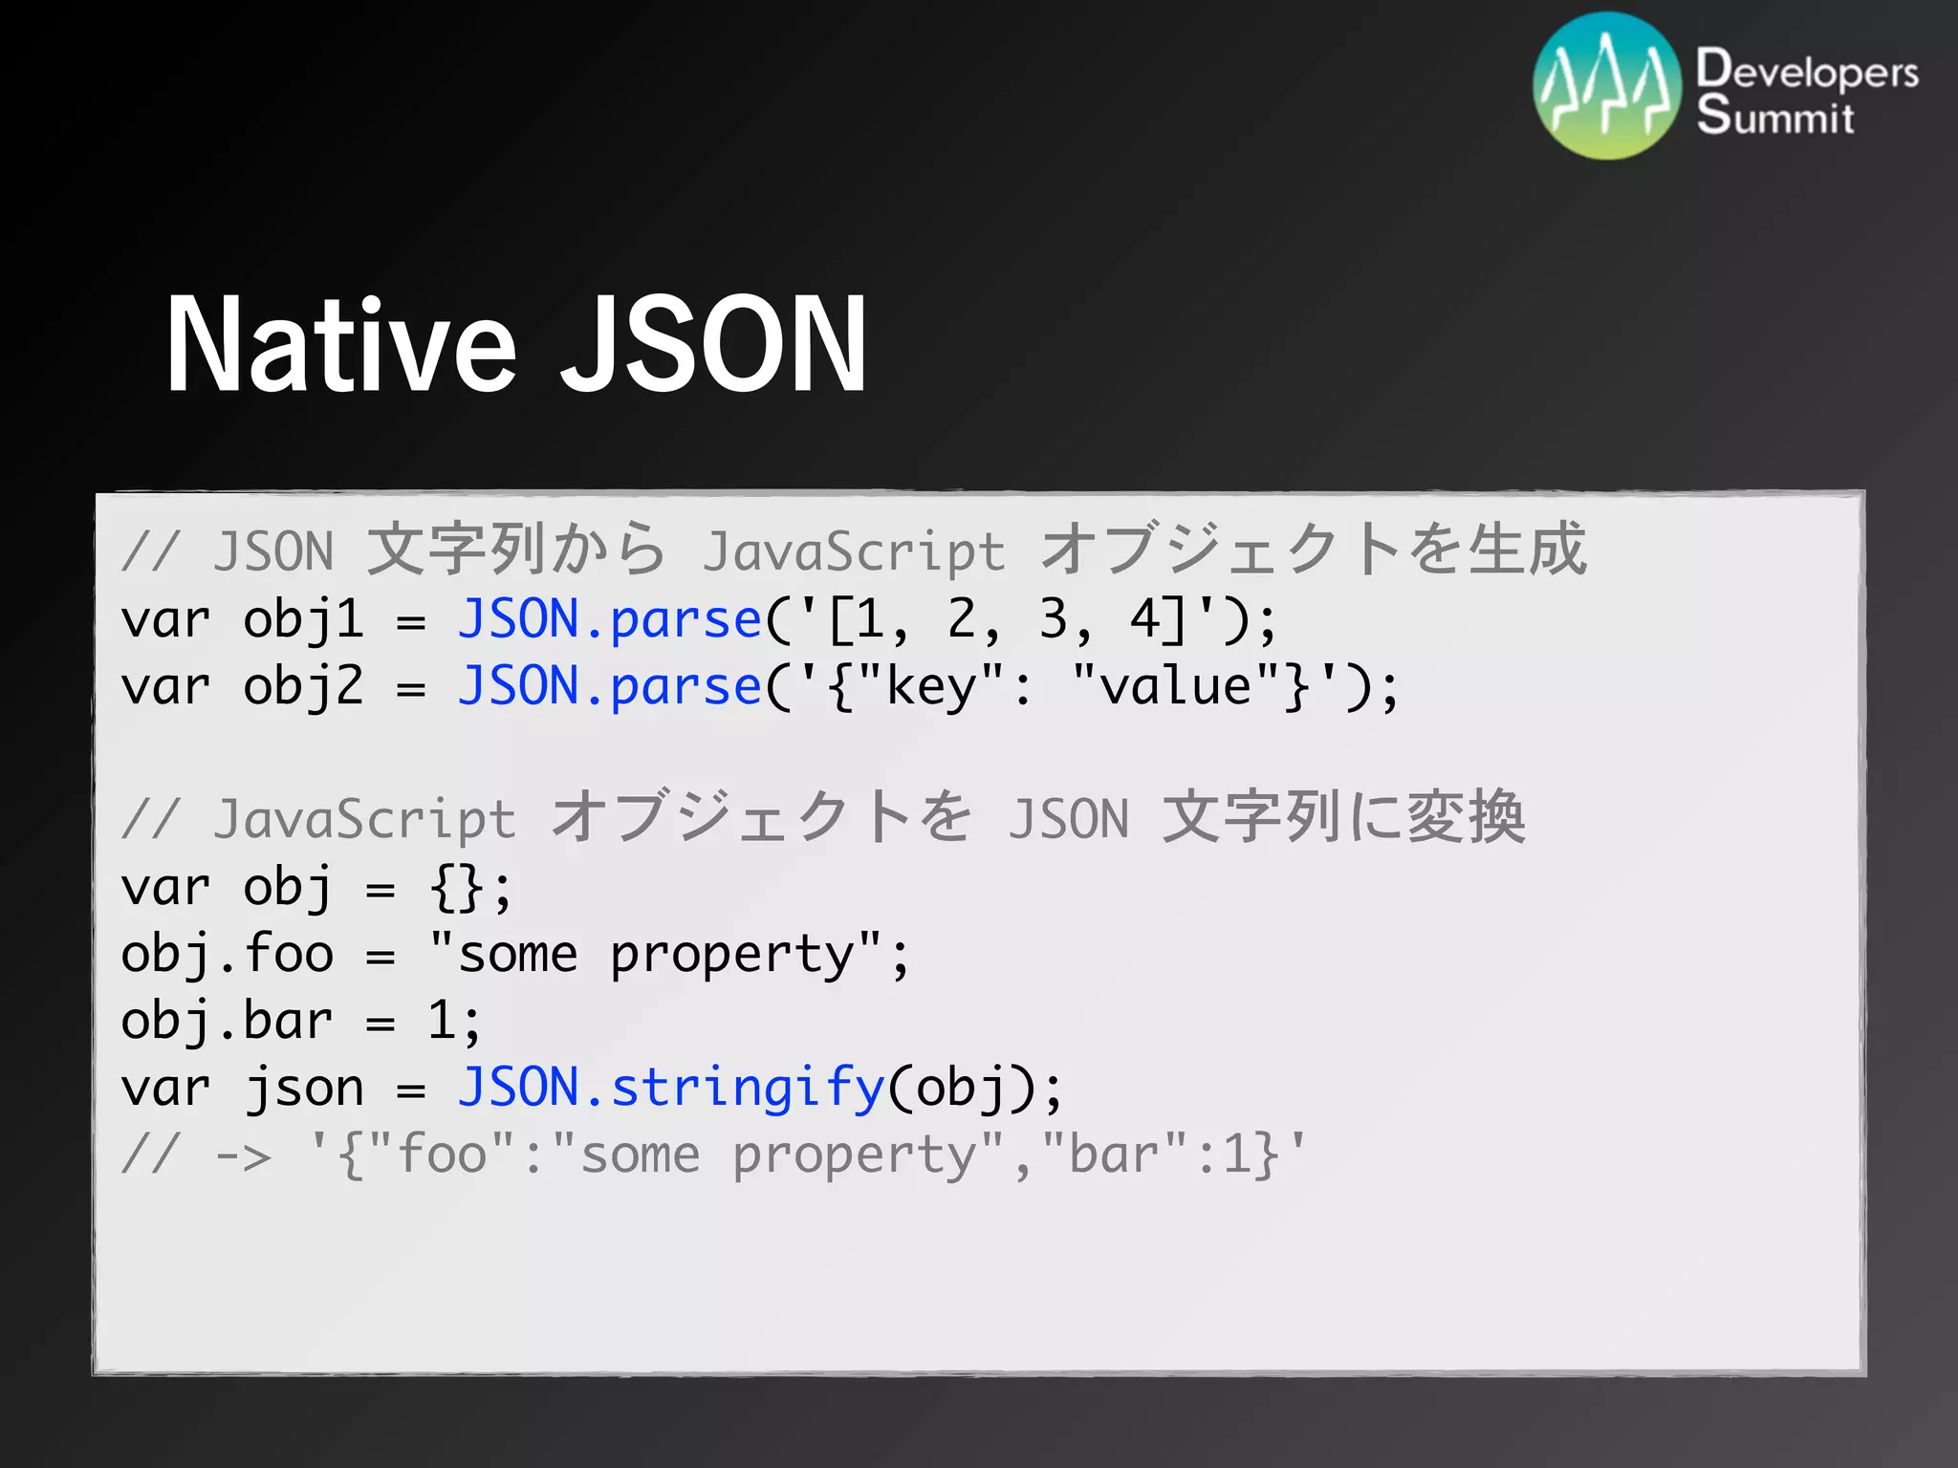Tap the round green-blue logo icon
tap(1606, 86)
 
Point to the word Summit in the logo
tap(1775, 116)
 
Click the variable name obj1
tap(303, 620)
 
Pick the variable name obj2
tap(303, 687)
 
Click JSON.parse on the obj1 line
tap(609, 620)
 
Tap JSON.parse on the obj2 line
tap(609, 687)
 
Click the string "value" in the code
tap(1176, 685)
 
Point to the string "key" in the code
tap(931, 687)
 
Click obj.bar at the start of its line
tap(227, 1022)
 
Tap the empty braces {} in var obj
tap(457, 888)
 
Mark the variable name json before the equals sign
tap(303, 1089)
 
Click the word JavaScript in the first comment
tap(854, 552)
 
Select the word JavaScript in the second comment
tap(364, 820)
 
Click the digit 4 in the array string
tap(1144, 620)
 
